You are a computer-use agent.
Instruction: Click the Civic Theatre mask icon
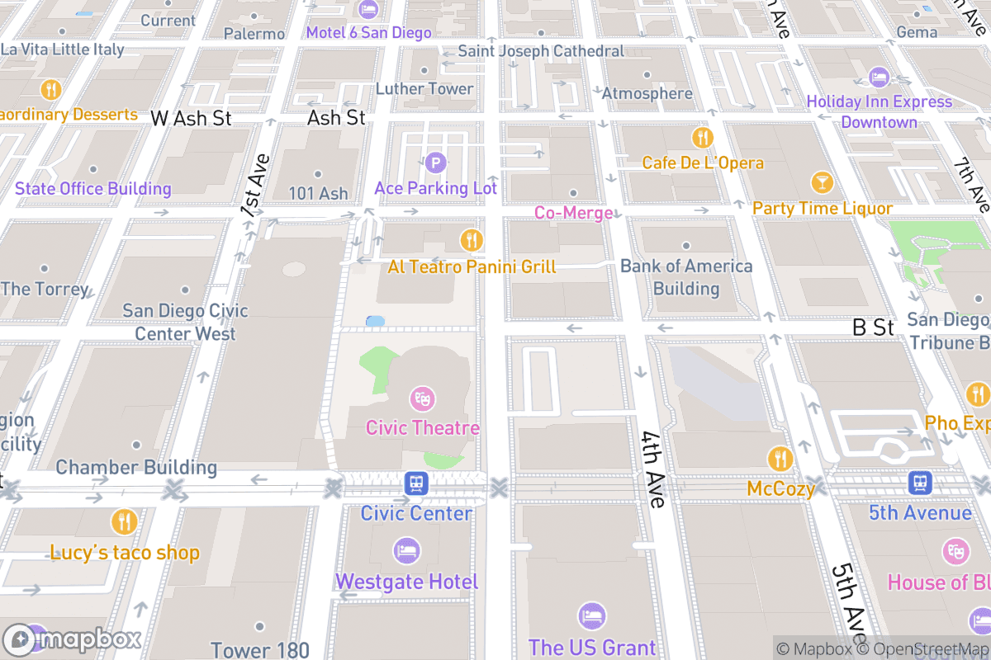coord(422,399)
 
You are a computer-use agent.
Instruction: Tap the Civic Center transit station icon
coord(415,483)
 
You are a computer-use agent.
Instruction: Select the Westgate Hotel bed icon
coord(406,550)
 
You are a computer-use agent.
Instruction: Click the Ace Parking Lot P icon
coord(435,162)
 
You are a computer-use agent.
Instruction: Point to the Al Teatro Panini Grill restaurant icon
coord(471,240)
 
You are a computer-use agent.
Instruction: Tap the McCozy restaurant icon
coord(780,458)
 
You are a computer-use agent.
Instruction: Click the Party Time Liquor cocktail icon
coord(822,181)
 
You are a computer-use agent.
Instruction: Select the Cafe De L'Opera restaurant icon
coord(702,136)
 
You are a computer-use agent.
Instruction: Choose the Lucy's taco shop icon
coord(124,521)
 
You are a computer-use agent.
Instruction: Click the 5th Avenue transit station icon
coord(919,483)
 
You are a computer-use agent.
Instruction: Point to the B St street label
coord(874,328)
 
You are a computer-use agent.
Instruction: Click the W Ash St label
coord(191,118)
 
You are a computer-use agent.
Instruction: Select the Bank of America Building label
coord(686,277)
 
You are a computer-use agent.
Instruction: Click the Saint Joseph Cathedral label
coord(541,51)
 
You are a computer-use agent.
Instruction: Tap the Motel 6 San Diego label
coord(368,33)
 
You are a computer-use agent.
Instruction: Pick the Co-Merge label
coord(573,213)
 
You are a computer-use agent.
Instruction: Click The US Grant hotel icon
coord(591,615)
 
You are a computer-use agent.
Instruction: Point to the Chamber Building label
coord(136,467)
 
